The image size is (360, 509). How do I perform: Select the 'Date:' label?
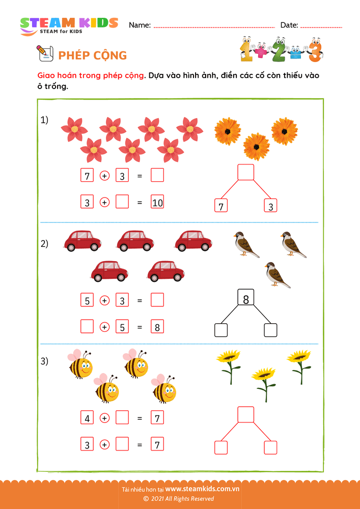coord(289,25)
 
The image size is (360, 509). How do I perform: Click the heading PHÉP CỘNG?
coord(92,55)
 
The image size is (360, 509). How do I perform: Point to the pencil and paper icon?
coord(45,52)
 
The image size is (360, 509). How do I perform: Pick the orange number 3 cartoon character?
coord(316,49)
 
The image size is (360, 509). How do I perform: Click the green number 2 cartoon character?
coord(279,49)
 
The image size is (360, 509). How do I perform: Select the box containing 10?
coord(157,203)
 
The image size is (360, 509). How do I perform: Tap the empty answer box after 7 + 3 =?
coord(157,176)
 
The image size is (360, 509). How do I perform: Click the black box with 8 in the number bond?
coord(246,299)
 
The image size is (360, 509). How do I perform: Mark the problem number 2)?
coord(45,243)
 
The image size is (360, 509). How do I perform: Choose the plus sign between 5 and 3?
coord(104,300)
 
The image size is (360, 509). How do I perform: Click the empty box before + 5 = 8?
coord(87,327)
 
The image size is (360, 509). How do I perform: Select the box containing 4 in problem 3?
coord(87,418)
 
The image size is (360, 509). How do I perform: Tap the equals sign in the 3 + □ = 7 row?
coord(139,445)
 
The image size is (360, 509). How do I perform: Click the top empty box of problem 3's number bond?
coord(246,415)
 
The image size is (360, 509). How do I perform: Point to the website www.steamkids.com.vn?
coord(202,489)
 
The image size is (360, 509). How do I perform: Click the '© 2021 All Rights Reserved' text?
coord(179,499)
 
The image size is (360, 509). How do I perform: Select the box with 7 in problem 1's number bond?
coord(221,206)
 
